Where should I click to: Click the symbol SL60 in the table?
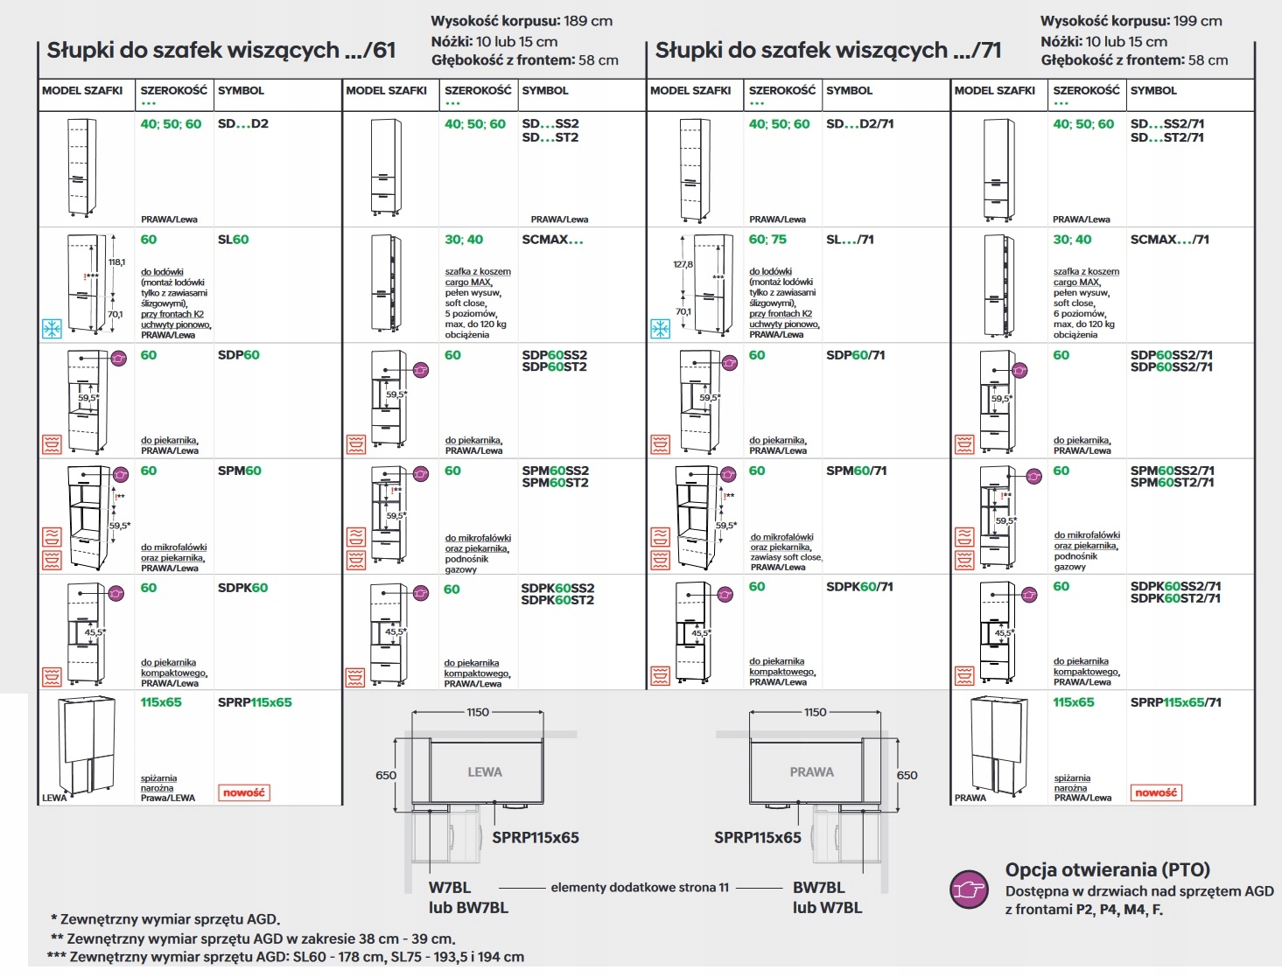pos(233,240)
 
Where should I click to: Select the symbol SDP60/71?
pos(855,355)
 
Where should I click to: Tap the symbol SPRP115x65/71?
pos(1175,702)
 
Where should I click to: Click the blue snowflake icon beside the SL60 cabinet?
pos(53,329)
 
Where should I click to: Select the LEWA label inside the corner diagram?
pos(485,772)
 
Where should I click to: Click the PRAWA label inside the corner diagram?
pos(811,772)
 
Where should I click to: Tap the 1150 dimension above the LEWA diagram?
pos(478,712)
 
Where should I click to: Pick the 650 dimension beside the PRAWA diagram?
pos(907,775)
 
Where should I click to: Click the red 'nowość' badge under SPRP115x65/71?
pos(1155,792)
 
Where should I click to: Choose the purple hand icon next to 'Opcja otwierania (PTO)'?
pos(969,889)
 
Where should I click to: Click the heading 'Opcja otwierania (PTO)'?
pos(1107,869)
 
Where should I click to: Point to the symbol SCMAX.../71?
pos(1169,240)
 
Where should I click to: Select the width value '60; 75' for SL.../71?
pos(767,240)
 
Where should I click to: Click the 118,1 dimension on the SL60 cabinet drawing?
pos(116,262)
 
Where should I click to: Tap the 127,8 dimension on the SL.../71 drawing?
pos(683,264)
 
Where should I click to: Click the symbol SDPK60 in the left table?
pos(242,588)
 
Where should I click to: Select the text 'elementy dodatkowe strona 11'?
pos(640,887)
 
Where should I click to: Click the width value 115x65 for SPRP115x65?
pos(161,702)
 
